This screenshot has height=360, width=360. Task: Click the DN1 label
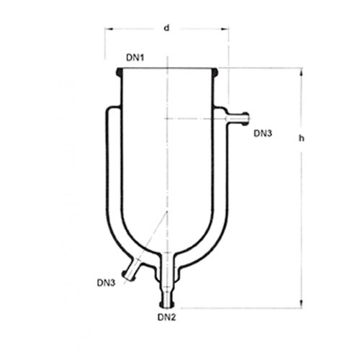click(135, 58)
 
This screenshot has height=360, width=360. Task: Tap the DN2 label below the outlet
click(167, 318)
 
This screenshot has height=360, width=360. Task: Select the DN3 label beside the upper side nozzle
click(263, 133)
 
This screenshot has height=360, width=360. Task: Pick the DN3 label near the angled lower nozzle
click(106, 283)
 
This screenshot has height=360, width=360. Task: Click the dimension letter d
click(166, 28)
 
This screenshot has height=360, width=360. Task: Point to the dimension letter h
click(302, 138)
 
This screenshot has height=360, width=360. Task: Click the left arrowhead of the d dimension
click(109, 29)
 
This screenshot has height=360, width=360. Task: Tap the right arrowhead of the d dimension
click(225, 29)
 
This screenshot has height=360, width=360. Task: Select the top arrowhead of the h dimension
click(302, 72)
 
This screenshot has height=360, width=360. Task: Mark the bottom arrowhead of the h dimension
click(302, 304)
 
